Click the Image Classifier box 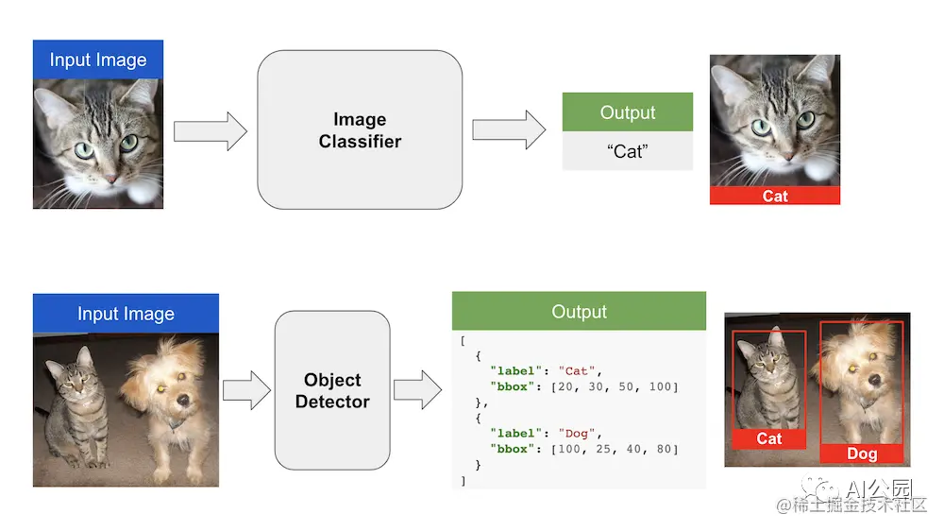(x=360, y=130)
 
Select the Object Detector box (x=332, y=390)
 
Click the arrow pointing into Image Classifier (x=210, y=130)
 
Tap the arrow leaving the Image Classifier (x=508, y=130)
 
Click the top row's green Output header (x=627, y=112)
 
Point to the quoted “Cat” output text (x=627, y=151)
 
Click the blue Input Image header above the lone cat (x=98, y=60)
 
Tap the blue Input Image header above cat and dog (x=126, y=314)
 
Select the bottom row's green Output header (x=579, y=312)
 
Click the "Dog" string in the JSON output (x=575, y=434)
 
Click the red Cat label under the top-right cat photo (x=775, y=196)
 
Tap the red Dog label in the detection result (x=861, y=454)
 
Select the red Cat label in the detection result (x=769, y=438)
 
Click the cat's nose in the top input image (x=110, y=177)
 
